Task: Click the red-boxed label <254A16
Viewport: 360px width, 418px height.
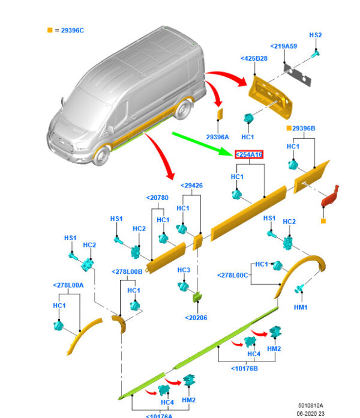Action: pos(248,155)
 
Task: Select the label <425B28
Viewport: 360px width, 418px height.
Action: pos(254,58)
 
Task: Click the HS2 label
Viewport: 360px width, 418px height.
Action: pos(316,35)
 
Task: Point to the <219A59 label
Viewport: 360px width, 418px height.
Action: pos(283,46)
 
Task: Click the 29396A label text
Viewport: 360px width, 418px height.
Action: pos(218,136)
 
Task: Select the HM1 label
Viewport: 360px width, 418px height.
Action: pos(301,307)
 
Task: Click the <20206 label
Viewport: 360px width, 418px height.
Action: pos(196,318)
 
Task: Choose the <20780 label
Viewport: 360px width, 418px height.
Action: pos(157,198)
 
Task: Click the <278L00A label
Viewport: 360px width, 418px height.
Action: pos(68,285)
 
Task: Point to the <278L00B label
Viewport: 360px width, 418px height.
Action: pos(127,271)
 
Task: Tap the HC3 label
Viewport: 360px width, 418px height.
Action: pos(184,270)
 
